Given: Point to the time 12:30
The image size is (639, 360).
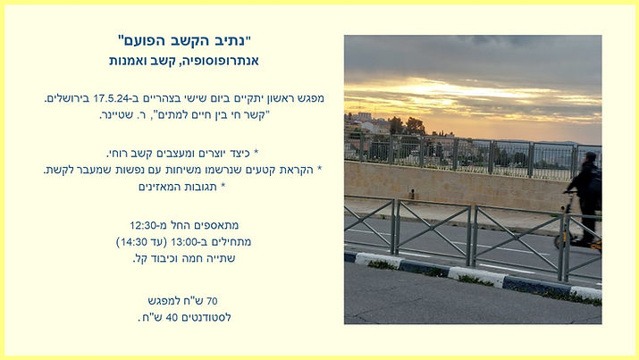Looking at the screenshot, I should coord(146,225).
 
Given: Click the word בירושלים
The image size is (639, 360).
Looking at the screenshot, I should coord(69,98).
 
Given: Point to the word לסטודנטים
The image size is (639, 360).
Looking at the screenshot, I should coord(207,316).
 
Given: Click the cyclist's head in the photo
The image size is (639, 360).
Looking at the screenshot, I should coord(590,158).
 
